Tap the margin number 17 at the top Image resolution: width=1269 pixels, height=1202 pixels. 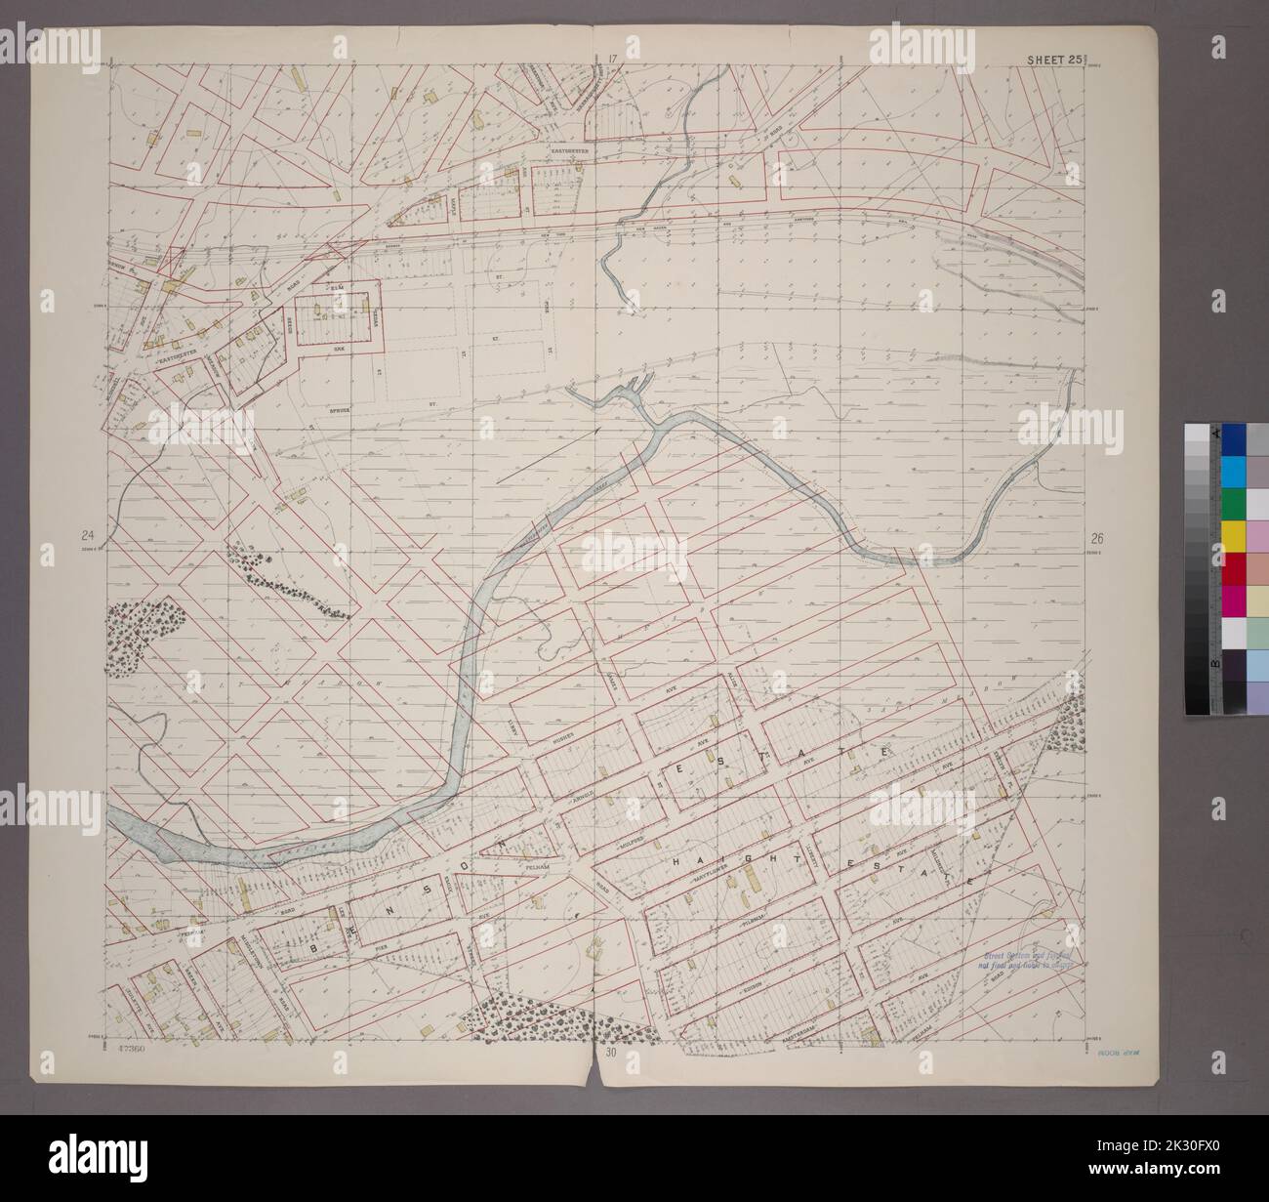[x=613, y=60]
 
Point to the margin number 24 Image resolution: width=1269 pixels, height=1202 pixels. [x=89, y=535]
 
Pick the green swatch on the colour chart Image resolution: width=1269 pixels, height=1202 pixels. [x=1233, y=503]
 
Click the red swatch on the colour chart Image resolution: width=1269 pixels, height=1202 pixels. [x=1233, y=566]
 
